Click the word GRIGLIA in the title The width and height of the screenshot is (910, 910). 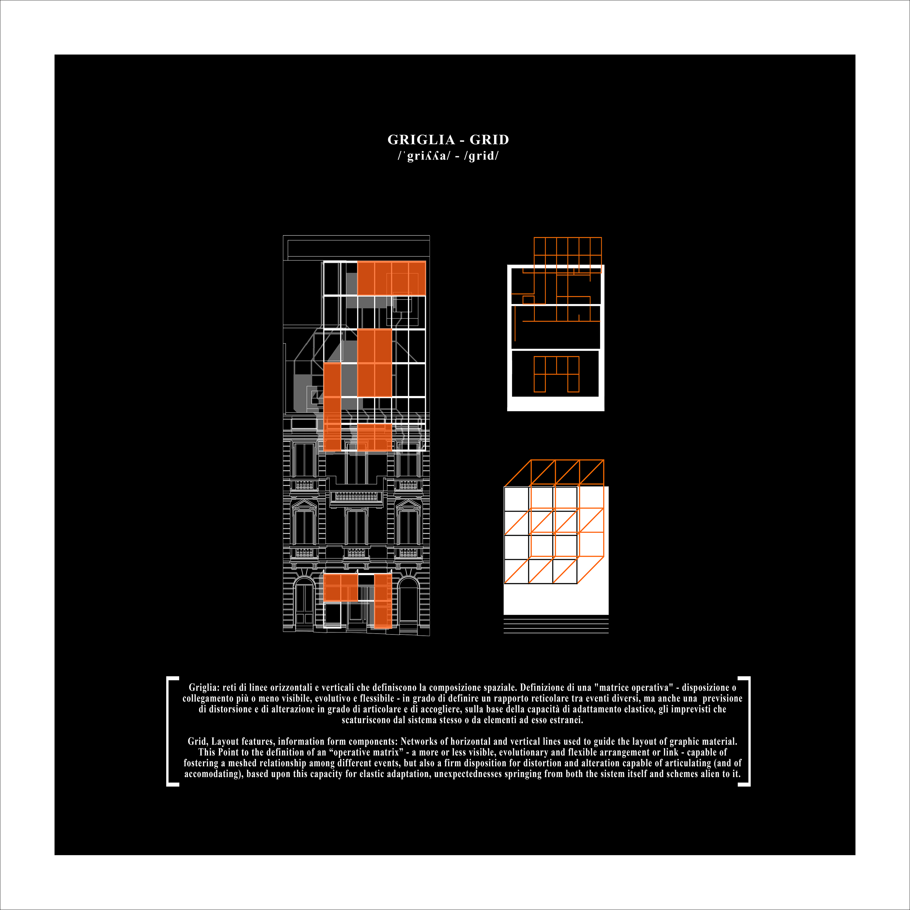[x=421, y=140]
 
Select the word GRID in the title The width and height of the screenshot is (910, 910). [x=489, y=140]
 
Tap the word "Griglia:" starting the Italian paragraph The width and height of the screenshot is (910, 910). [x=204, y=688]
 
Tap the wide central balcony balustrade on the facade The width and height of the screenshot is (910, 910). [x=356, y=496]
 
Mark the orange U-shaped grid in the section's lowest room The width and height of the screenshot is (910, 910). [x=556, y=374]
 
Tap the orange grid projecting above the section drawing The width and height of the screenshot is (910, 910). [x=568, y=255]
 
